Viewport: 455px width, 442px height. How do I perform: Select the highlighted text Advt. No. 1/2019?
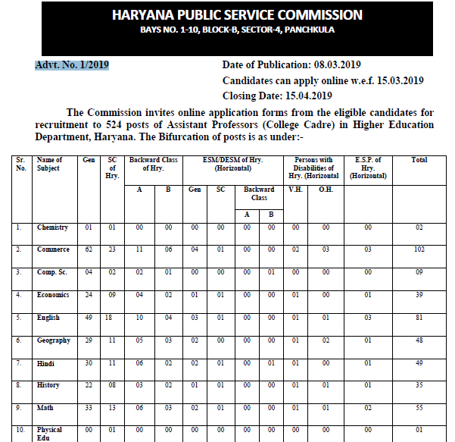[x=72, y=64]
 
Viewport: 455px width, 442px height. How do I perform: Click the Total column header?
[x=419, y=160]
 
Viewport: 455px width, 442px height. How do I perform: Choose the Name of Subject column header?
[x=51, y=164]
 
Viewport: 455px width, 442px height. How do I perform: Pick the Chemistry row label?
[x=52, y=227]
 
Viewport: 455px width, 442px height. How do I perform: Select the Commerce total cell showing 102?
[x=419, y=249]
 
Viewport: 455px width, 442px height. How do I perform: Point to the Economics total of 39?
[x=419, y=295]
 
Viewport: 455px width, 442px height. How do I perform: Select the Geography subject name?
[x=53, y=340]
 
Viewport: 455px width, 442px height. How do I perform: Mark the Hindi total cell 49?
[x=419, y=363]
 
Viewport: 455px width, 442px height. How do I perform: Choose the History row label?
[x=49, y=385]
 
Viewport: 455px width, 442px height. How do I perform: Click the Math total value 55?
[x=419, y=408]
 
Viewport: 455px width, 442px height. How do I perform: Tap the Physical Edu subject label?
[x=51, y=434]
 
